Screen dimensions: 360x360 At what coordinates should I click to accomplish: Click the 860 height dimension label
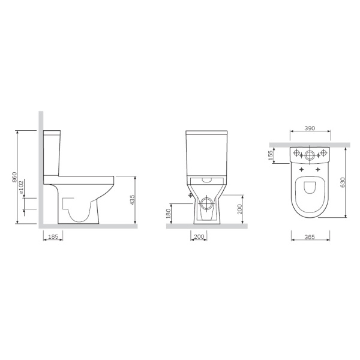pyautogui.click(x=14, y=177)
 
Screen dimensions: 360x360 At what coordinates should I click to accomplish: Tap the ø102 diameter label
pyautogui.click(x=21, y=187)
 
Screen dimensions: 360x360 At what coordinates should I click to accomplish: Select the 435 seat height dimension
pyautogui.click(x=132, y=200)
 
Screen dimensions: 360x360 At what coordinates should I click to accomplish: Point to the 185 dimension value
pyautogui.click(x=53, y=236)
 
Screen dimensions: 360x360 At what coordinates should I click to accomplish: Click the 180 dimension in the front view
pyautogui.click(x=168, y=214)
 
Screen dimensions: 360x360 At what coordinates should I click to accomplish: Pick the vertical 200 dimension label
pyautogui.click(x=239, y=209)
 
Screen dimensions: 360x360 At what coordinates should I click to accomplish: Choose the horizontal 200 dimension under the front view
pyautogui.click(x=199, y=236)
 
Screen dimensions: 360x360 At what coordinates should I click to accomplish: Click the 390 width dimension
pyautogui.click(x=310, y=128)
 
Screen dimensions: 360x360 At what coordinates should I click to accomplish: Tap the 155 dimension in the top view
pyautogui.click(x=271, y=155)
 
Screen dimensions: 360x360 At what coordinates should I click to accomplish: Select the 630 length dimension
pyautogui.click(x=343, y=182)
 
